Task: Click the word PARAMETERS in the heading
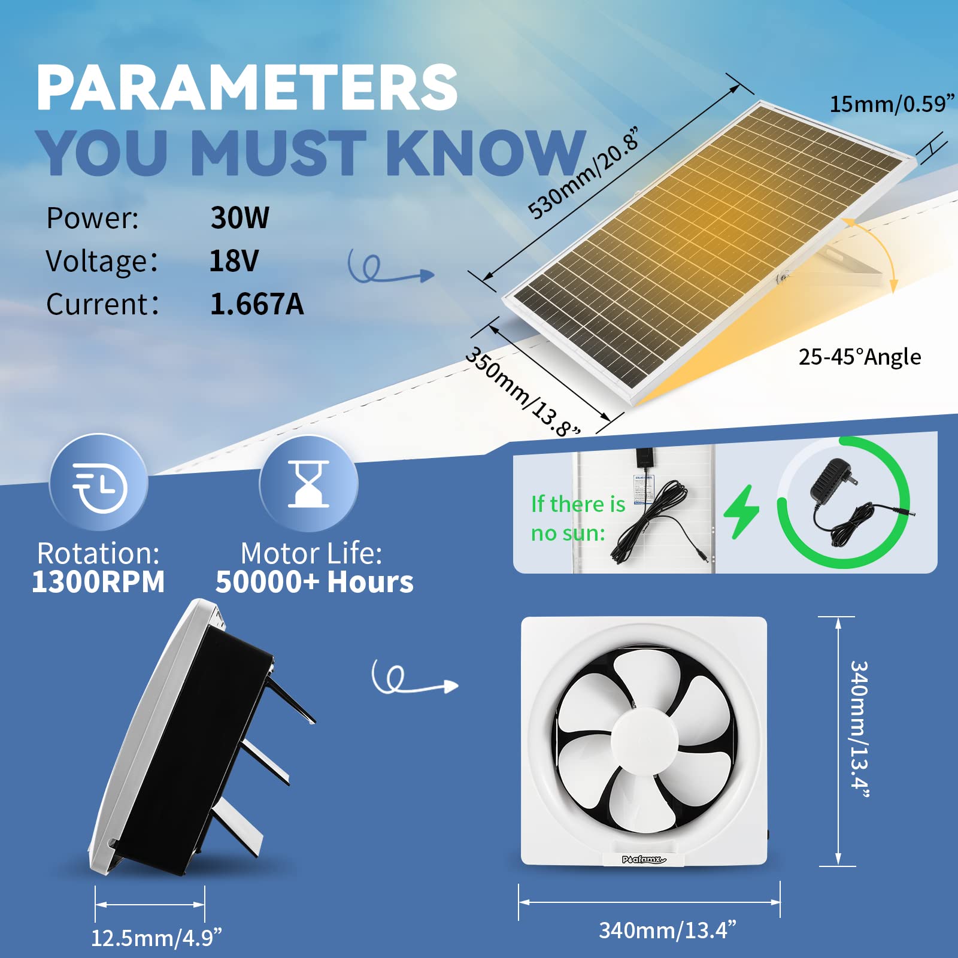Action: [247, 88]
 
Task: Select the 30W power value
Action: [239, 217]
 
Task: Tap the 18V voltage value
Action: [234, 260]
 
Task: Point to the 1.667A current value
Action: [256, 304]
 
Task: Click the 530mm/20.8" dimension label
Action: [584, 174]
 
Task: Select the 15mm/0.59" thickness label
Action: [891, 104]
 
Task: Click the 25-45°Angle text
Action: [859, 357]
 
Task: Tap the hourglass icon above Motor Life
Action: [308, 484]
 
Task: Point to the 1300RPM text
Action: [98, 582]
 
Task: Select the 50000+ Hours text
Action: [314, 582]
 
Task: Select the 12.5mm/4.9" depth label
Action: [156, 938]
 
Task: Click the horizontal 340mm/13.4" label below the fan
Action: [667, 930]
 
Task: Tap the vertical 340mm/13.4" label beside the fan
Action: [859, 729]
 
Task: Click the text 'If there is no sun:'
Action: [577, 519]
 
